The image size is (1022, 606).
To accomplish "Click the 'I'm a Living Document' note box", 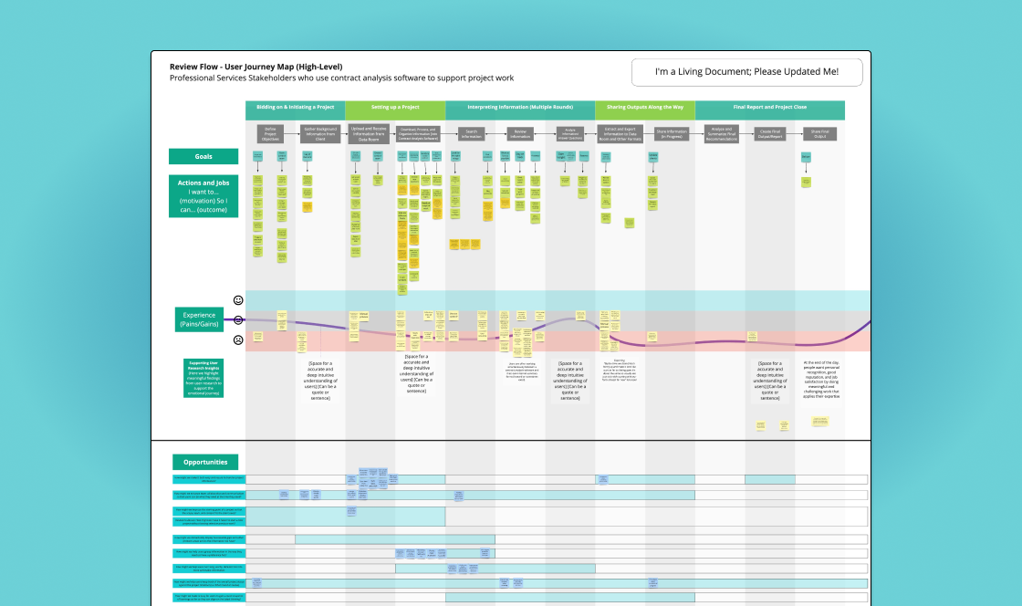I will pos(746,72).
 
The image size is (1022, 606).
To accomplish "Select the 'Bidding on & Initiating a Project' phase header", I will pos(295,108).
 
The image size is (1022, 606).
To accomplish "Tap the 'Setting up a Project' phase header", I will pos(395,108).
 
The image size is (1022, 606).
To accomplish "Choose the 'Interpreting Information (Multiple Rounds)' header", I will pos(520,108).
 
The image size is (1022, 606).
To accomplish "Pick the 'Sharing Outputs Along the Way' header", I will pos(645,108).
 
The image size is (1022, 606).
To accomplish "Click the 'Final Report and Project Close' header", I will pos(769,108).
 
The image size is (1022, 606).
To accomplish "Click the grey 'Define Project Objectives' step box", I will pos(270,133).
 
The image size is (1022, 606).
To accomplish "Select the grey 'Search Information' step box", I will pos(472,133).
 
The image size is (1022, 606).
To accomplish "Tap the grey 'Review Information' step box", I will pos(521,133).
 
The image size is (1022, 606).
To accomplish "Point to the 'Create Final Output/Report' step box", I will pos(771,133).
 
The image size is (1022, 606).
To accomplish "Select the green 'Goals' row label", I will pos(203,157).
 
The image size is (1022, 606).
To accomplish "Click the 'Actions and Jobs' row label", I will pos(203,195).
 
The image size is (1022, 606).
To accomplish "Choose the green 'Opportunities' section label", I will pos(205,462).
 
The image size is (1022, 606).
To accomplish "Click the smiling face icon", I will pos(238,299).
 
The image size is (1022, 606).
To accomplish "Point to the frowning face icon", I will pos(238,340).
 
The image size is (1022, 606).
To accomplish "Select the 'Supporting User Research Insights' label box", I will pos(203,379).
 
